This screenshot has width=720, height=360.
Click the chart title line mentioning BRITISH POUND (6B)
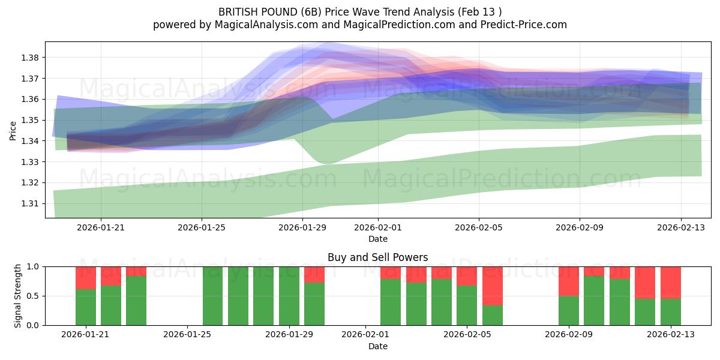[x=360, y=11]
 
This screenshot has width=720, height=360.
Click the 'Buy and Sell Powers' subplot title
[x=377, y=257]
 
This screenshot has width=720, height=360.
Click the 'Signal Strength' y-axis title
[x=18, y=296]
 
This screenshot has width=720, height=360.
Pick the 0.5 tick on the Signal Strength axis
[x=33, y=296]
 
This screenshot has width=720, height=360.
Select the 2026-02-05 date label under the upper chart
[x=479, y=227]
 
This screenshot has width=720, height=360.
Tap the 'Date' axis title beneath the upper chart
[x=377, y=239]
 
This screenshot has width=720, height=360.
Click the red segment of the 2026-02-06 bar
[x=492, y=286]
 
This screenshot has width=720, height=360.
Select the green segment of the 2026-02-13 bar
[x=670, y=311]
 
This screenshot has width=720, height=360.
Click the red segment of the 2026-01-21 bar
[x=86, y=278]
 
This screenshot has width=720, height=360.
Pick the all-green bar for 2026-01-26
[x=212, y=296]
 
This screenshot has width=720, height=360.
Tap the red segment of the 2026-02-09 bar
[x=568, y=281]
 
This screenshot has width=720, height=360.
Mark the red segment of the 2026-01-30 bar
[x=314, y=274]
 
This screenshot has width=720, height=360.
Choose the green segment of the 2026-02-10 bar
[x=594, y=301]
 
